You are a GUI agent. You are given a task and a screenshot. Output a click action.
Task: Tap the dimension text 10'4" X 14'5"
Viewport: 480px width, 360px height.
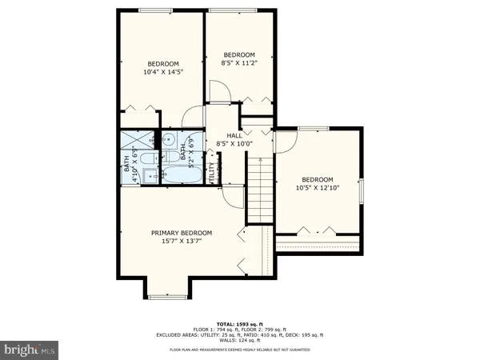coord(162,72)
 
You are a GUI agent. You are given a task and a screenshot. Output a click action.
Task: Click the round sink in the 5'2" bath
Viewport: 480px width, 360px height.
coord(170,141)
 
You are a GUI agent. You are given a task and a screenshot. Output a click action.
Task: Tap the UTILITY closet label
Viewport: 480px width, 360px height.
coord(212,172)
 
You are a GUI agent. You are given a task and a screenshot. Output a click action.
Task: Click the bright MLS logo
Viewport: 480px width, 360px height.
coord(30,350)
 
